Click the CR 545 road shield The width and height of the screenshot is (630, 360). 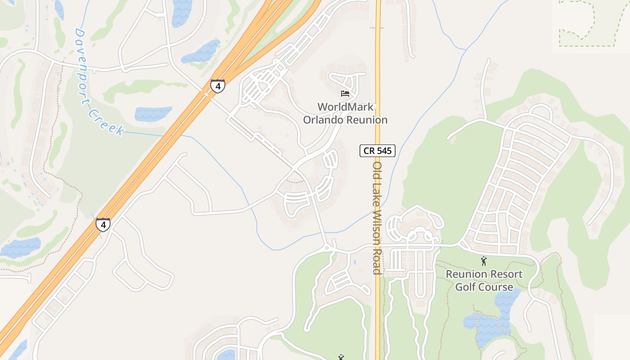(x=377, y=151)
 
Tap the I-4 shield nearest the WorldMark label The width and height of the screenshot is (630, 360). (x=218, y=85)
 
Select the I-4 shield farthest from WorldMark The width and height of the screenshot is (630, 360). (x=103, y=224)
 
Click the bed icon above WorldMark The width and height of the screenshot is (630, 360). (x=345, y=94)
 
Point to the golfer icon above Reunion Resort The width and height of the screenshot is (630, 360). (x=484, y=261)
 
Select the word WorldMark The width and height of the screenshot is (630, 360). (x=345, y=107)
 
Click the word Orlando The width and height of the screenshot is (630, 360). (x=323, y=120)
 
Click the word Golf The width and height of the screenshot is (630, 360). (x=466, y=287)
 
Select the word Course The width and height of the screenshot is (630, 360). (x=496, y=287)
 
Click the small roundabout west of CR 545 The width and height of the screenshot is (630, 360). (x=327, y=248)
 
